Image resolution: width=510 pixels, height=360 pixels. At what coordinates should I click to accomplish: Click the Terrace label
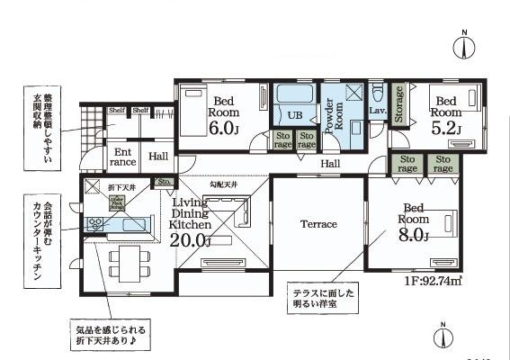[318, 223]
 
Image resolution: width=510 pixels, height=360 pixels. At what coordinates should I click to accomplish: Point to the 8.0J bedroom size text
[414, 236]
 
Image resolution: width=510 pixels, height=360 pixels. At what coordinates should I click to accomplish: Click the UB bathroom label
[295, 115]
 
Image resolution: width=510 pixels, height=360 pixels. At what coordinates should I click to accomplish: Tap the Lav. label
[376, 109]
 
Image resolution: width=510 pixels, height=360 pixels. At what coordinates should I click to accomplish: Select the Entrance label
[123, 157]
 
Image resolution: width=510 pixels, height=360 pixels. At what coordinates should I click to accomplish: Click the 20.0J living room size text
[190, 240]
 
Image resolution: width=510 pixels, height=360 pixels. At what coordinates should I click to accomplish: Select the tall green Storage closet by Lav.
[398, 103]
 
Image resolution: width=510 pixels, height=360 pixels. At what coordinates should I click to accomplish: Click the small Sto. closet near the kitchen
[163, 183]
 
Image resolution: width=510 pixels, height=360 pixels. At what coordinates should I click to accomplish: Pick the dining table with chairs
[126, 265]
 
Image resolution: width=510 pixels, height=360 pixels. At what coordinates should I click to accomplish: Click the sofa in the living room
[243, 213]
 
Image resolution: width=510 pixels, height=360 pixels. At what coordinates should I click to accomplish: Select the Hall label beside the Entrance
[158, 157]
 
